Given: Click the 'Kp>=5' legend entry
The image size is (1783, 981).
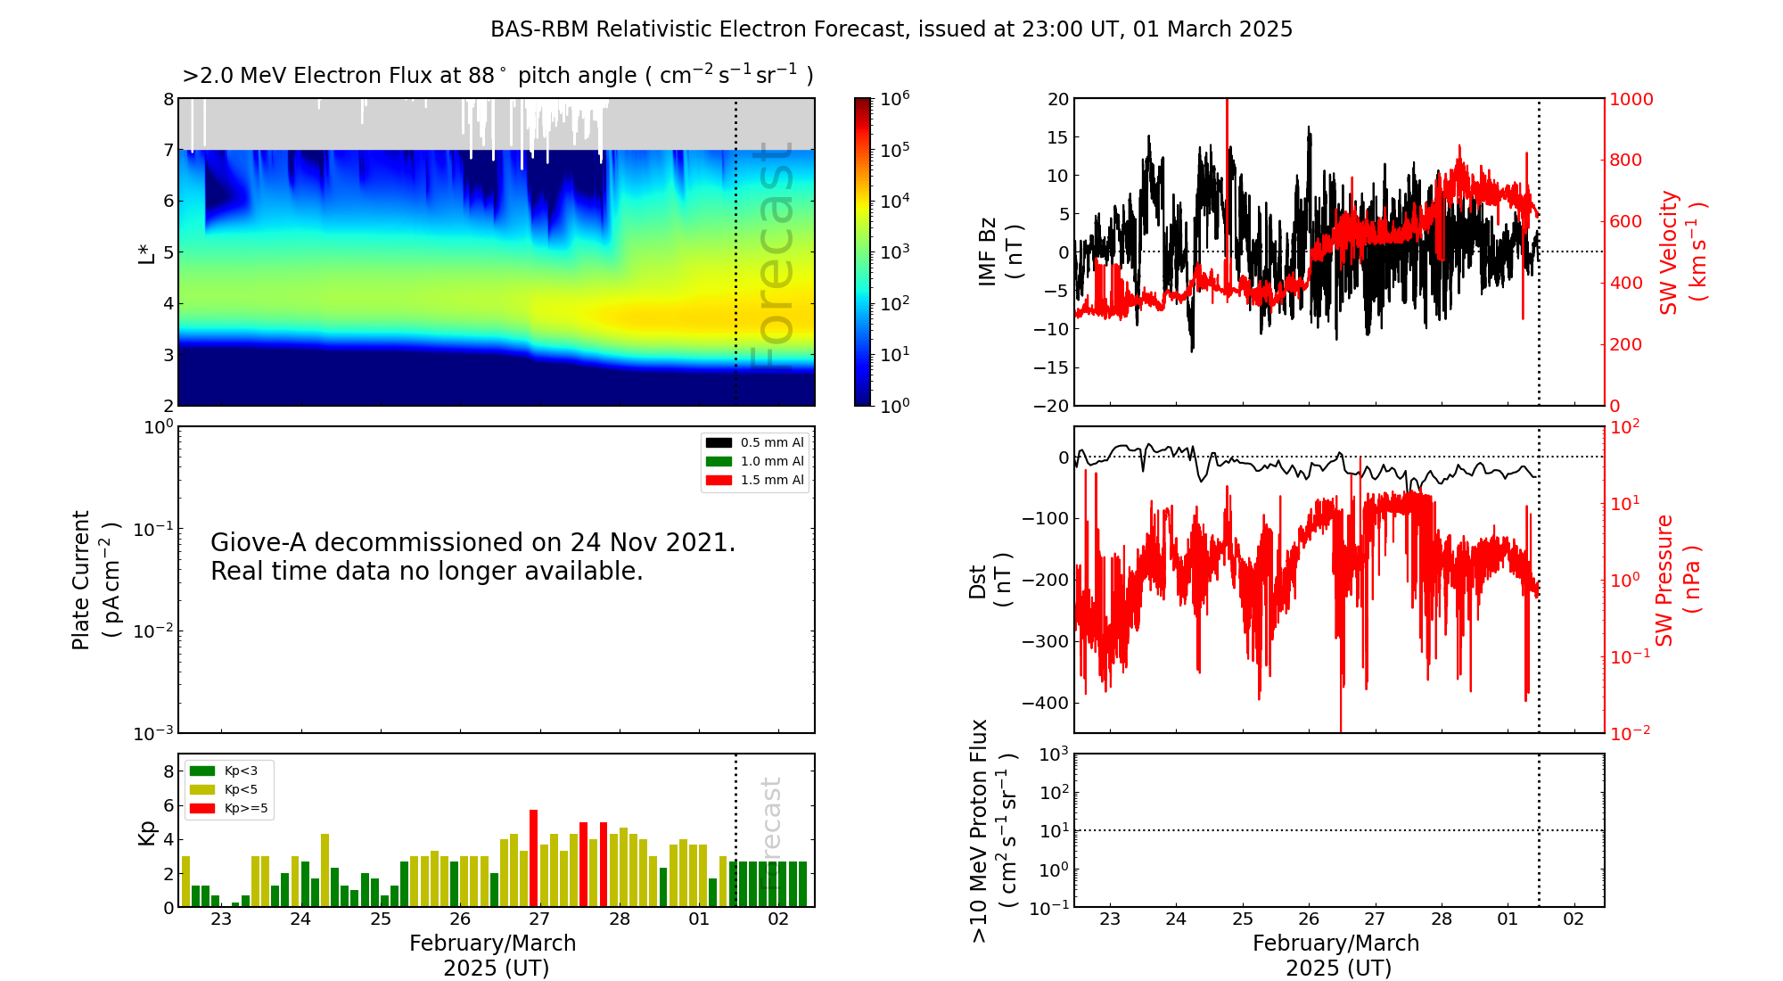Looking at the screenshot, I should tap(245, 809).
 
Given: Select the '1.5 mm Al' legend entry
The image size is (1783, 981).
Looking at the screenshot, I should tap(772, 481).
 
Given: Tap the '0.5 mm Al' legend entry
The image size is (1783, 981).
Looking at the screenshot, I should tap(772, 443).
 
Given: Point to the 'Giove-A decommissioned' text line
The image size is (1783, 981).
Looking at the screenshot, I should tap(472, 543).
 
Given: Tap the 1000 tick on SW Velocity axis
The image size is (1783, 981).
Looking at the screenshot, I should tap(1631, 100).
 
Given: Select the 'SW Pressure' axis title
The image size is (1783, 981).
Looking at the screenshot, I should tap(1664, 581).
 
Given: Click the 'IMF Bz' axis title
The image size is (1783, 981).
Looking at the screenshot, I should tap(988, 251).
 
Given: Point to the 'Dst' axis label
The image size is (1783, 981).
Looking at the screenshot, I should tap(978, 581).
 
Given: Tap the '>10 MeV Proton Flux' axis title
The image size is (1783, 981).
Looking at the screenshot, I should tap(980, 830).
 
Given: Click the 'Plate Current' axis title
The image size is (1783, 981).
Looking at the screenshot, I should tap(81, 580).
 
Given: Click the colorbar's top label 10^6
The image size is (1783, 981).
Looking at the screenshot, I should tap(895, 99).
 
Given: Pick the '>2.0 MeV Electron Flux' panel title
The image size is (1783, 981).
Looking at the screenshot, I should tap(497, 76).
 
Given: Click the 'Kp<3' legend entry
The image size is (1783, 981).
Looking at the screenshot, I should tap(241, 771).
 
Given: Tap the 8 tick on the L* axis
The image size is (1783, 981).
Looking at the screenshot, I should tap(168, 100).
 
